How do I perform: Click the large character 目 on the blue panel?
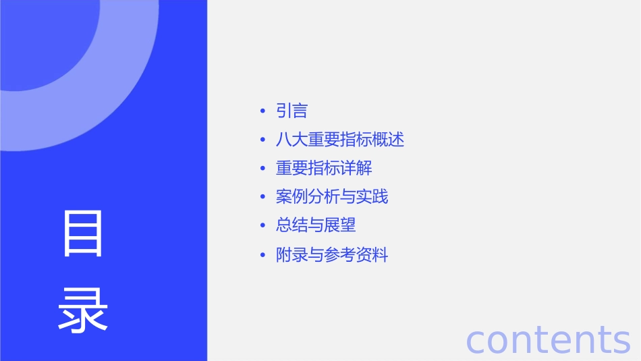click(x=83, y=233)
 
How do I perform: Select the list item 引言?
click(x=292, y=111)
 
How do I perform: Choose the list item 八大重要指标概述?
click(x=340, y=140)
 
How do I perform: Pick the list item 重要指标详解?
click(x=324, y=168)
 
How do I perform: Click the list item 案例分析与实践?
click(x=332, y=197)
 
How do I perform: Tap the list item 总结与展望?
click(x=316, y=225)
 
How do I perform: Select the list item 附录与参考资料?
click(x=332, y=255)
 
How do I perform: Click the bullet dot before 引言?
click(x=262, y=111)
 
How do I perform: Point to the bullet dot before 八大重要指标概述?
click(x=262, y=140)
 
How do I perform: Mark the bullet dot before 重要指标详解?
click(x=262, y=169)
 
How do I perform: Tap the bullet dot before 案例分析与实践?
click(x=262, y=198)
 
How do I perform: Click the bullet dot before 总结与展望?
click(x=262, y=226)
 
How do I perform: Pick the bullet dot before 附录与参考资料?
click(x=262, y=256)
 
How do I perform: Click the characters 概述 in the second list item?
click(x=389, y=140)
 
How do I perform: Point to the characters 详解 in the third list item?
click(x=356, y=168)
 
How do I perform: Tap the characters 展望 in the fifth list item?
click(x=340, y=225)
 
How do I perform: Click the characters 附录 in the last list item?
click(x=292, y=255)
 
